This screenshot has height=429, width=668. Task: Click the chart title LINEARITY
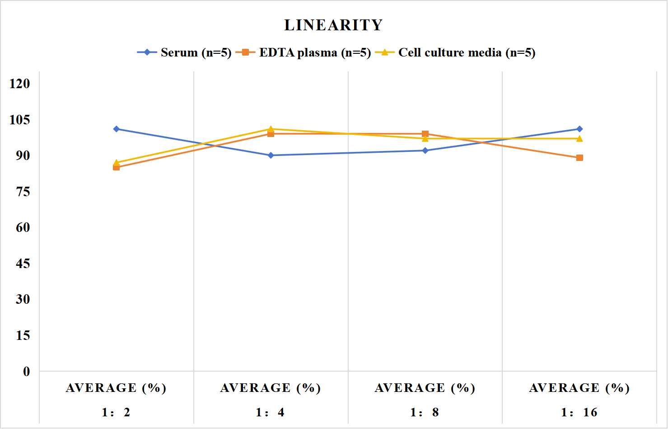(333, 25)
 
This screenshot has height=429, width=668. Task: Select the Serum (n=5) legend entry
(184, 52)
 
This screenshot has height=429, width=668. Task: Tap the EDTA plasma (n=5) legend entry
(303, 52)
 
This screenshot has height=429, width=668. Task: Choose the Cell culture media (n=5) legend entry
(455, 52)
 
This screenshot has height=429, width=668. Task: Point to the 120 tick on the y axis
(20, 84)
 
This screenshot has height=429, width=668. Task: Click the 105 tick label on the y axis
(20, 120)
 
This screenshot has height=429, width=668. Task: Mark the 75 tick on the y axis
(23, 192)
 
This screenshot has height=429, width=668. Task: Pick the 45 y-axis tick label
(23, 264)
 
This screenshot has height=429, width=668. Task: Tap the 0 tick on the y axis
(27, 372)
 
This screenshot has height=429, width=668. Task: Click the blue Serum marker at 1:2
(117, 129)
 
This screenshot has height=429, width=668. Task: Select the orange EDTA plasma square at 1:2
(117, 167)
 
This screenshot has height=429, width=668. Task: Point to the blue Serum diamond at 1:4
(271, 155)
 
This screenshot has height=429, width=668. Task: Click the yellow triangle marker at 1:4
(271, 129)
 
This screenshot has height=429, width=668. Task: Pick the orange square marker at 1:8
(425, 134)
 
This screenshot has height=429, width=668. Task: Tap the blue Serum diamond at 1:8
(425, 151)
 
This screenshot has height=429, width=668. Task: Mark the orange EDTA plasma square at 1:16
(579, 158)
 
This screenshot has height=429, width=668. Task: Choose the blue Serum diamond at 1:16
(579, 129)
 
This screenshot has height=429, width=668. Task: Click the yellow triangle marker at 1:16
(579, 138)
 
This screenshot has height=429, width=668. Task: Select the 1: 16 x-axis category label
(579, 412)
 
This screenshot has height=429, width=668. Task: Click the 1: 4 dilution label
(270, 412)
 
